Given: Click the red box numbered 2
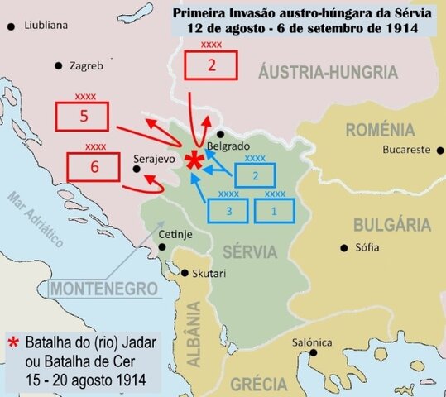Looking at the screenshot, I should click(210, 65).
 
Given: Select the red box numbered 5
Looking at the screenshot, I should click(84, 117).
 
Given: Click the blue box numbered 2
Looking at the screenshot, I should click(256, 175).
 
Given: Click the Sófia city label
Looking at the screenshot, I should click(367, 247).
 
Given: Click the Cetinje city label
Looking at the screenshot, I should click(175, 235).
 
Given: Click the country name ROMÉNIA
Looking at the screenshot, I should click(380, 130).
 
